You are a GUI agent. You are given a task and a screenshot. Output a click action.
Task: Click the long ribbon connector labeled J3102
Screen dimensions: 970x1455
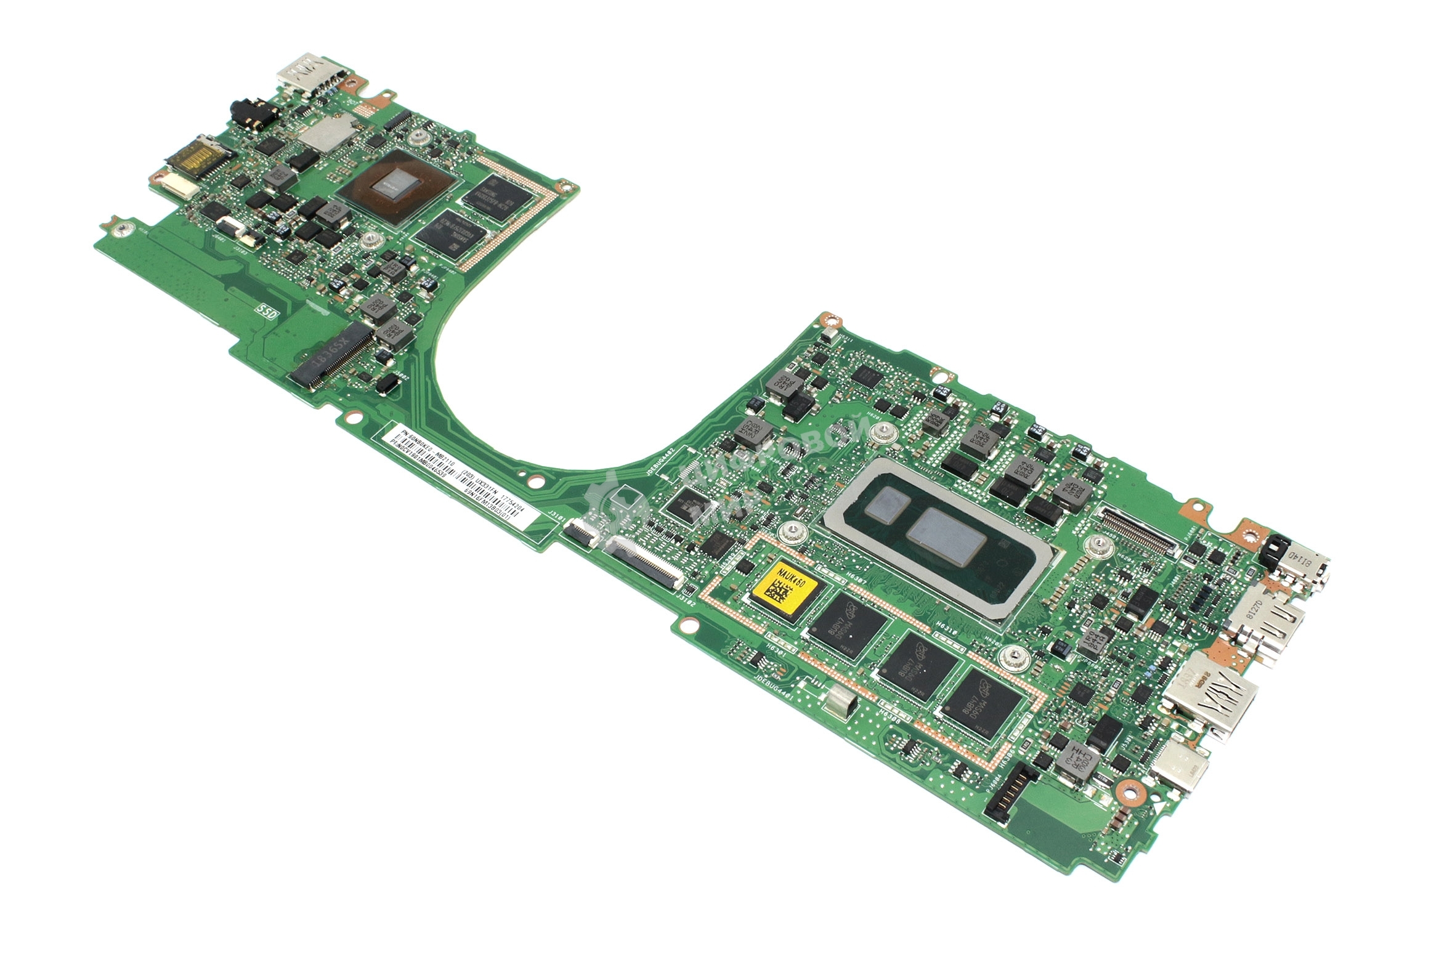pyautogui.click(x=644, y=560)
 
